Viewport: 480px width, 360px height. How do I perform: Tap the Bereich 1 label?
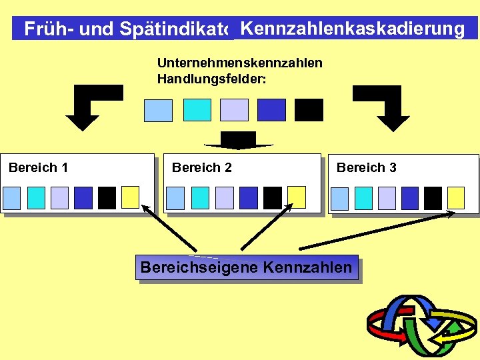[x=38, y=167]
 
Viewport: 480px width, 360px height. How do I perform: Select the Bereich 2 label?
[x=202, y=167]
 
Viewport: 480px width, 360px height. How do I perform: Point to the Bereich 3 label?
[x=366, y=167]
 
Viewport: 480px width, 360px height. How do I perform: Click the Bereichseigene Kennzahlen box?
[x=246, y=267]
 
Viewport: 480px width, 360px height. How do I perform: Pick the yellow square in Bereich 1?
[x=130, y=197]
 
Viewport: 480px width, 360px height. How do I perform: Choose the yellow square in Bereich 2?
[x=296, y=197]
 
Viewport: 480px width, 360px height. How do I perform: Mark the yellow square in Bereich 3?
[x=456, y=197]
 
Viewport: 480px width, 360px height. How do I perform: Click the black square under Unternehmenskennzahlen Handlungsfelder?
[x=309, y=110]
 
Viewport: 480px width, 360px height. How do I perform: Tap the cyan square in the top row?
[x=197, y=110]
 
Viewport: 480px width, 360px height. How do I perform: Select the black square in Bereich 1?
[x=107, y=198]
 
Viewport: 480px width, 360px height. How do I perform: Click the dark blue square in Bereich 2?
[x=248, y=198]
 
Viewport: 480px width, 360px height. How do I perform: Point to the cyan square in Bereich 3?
[x=363, y=198]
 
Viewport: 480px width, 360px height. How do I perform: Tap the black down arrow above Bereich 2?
[x=239, y=141]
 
